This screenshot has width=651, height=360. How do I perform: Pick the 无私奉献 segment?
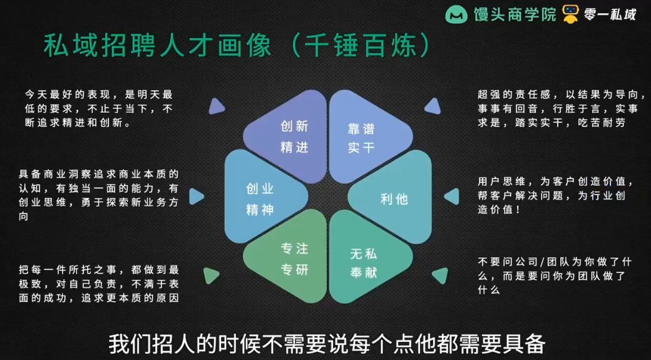[x=363, y=263]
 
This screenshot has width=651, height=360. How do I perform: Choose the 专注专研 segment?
[x=293, y=260]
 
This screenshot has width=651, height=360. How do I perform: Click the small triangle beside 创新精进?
[x=217, y=106]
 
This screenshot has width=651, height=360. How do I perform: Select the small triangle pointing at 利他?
[x=451, y=197]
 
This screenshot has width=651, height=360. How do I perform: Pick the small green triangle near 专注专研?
[x=211, y=275]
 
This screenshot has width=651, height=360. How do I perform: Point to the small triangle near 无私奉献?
[x=441, y=275]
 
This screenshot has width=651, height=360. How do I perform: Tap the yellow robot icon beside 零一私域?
[x=570, y=14]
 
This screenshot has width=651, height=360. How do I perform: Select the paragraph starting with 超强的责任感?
[x=560, y=108]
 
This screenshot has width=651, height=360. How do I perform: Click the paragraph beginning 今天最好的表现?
[x=98, y=108]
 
